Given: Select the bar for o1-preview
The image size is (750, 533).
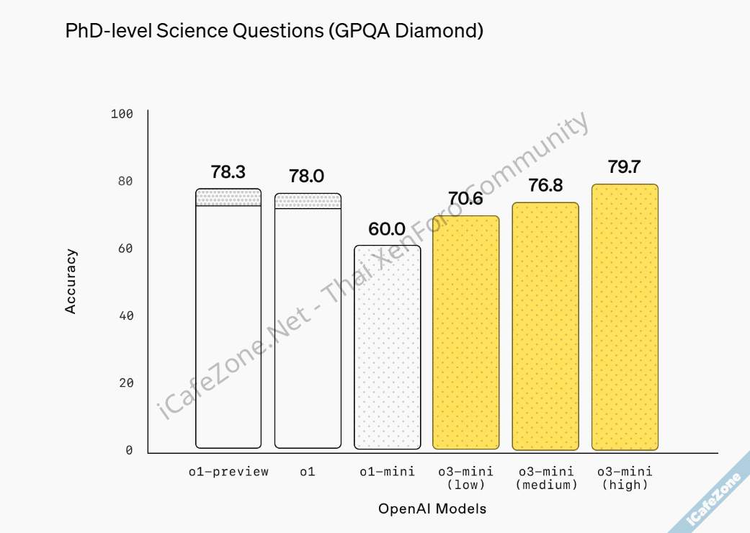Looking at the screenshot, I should tap(228, 324).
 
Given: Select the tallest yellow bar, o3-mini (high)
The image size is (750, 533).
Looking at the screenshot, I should tap(625, 317).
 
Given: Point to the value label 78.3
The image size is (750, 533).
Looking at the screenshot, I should tap(228, 172).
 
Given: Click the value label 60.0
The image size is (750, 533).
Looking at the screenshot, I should tap(387, 229).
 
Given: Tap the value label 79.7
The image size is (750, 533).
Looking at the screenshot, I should tap(624, 168).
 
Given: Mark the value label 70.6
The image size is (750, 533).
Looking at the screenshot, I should tap(465, 200).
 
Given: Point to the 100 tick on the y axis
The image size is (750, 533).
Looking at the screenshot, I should tap(122, 114).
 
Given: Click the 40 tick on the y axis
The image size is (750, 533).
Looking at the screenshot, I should tap(125, 315).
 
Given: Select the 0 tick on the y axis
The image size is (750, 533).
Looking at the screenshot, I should tap(129, 450).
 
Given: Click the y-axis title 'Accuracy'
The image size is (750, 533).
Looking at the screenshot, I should tap(71, 282).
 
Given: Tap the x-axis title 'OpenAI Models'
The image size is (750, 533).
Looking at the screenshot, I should tap(432, 509).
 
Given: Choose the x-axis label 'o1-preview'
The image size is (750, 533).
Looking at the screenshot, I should tap(228, 472).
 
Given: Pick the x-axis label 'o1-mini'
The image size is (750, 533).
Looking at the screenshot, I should tap(388, 472).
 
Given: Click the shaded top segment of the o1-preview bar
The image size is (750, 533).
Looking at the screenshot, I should tap(228, 197).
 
